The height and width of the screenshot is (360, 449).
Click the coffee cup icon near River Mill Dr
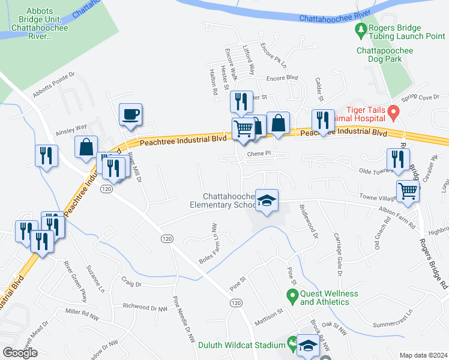pyautogui.click(x=131, y=114)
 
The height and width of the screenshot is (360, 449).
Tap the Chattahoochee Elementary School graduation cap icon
pyautogui.click(x=267, y=199)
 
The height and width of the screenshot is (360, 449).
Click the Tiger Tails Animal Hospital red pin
pyautogui.click(x=394, y=112)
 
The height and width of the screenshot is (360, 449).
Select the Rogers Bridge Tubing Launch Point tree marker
pyautogui.click(x=361, y=28)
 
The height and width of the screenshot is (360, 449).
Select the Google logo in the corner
pyautogui.click(x=20, y=353)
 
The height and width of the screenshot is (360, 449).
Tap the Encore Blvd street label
pyautogui.click(x=282, y=78)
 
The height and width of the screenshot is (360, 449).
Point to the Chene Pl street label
pyautogui.click(x=259, y=154)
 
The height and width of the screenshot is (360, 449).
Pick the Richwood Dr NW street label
pyautogui.click(x=145, y=307)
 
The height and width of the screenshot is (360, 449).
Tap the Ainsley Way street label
pyautogui.click(x=71, y=130)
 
